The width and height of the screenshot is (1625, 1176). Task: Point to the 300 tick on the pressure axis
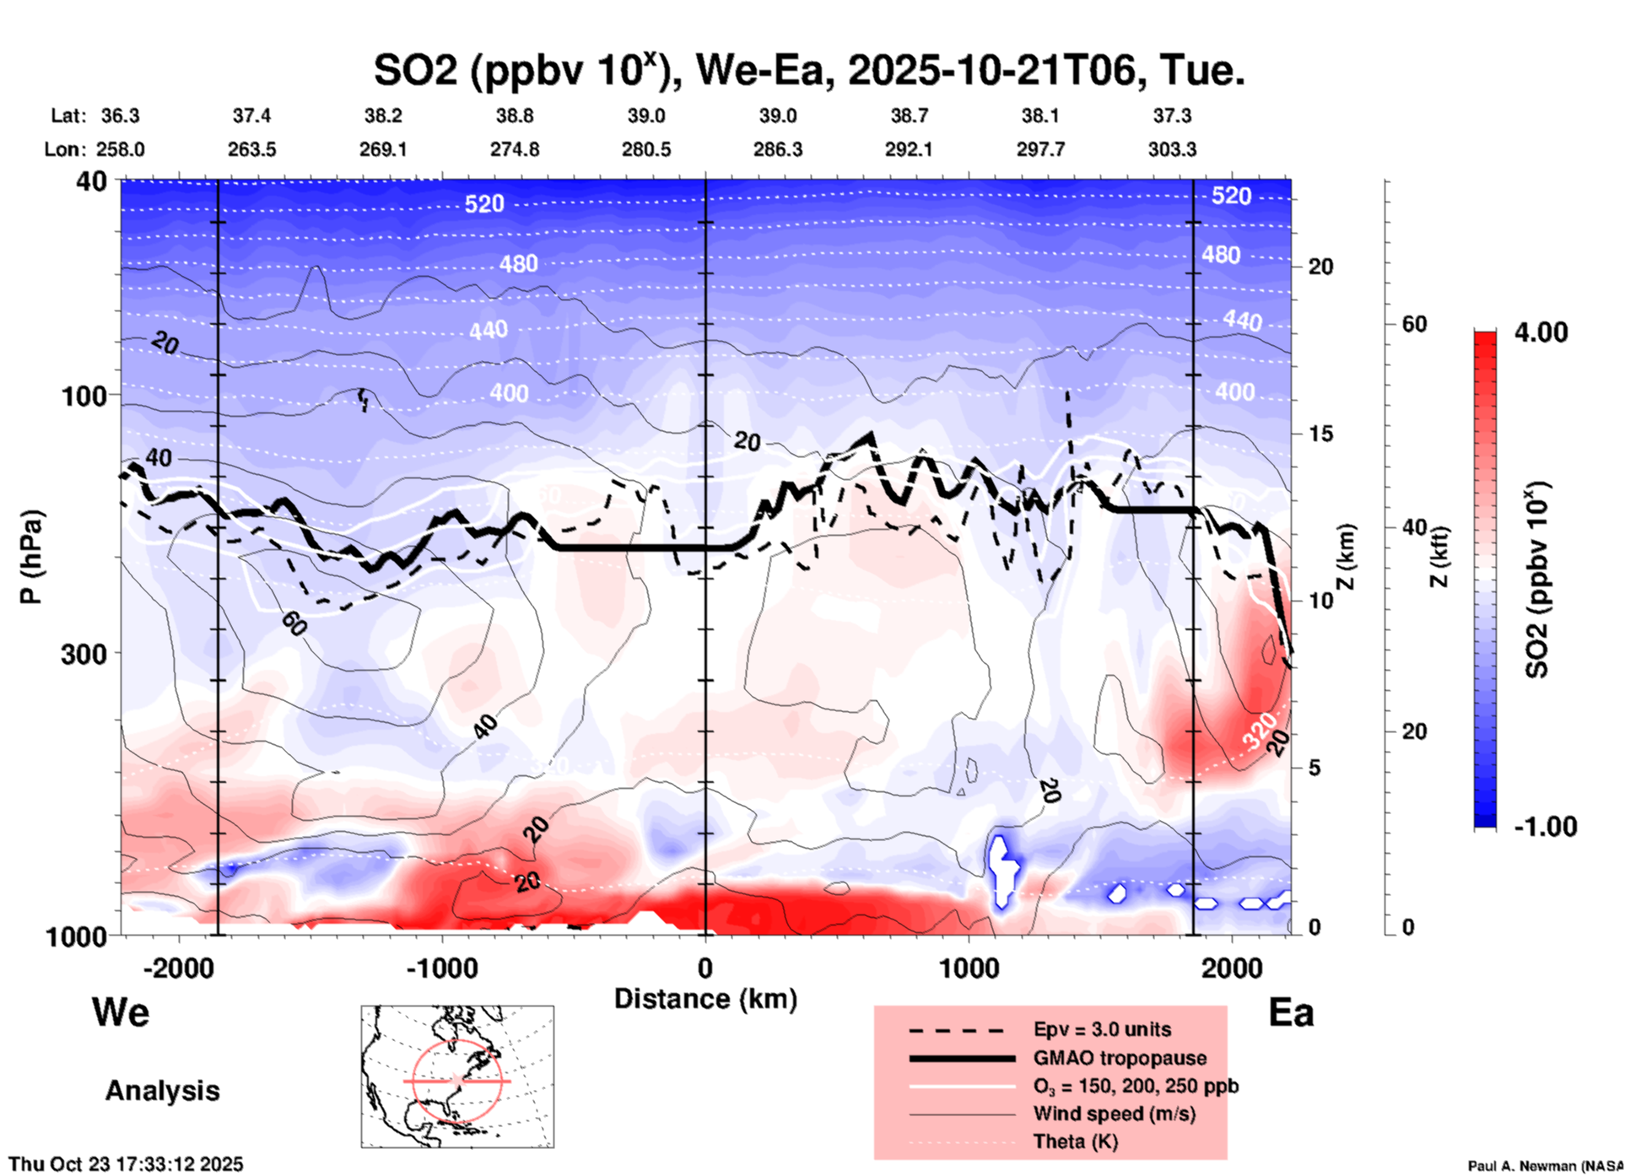coord(84,654)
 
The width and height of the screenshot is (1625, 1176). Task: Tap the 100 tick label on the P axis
coord(84,396)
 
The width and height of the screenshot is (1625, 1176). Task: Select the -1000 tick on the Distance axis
coord(442,968)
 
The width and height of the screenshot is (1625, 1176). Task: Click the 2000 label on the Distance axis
coord(1233,968)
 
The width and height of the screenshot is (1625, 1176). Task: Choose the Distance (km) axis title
coord(705,999)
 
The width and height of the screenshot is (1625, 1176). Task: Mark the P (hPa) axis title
coord(31,556)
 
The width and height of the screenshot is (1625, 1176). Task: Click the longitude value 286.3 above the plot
coord(777,149)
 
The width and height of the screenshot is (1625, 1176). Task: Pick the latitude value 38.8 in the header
coord(514,116)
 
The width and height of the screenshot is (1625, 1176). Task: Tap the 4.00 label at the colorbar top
coord(1541,332)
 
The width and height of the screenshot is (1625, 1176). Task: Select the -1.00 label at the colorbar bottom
coord(1545,826)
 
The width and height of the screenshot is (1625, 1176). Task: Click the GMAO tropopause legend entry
coord(1120,1058)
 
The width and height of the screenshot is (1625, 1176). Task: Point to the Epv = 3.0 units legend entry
coord(1102,1029)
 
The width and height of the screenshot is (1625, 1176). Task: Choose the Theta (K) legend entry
coord(1075,1141)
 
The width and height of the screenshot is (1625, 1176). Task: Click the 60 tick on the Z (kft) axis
coord(1413,324)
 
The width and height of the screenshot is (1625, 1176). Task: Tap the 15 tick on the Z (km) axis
coord(1320,434)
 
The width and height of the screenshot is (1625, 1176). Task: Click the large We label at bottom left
coord(121,1011)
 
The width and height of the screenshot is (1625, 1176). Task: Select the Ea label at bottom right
coord(1291,1012)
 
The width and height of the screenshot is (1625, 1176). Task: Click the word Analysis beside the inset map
coord(162,1090)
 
